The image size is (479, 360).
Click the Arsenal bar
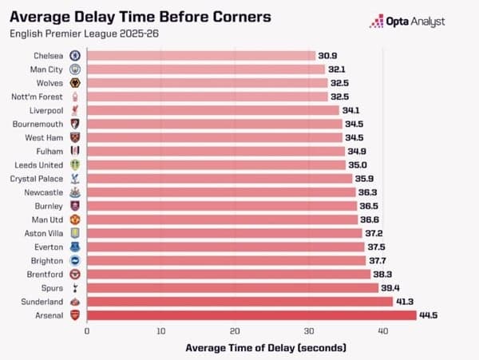click(251, 315)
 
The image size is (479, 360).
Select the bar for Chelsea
click(200, 56)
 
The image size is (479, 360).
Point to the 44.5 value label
click(430, 315)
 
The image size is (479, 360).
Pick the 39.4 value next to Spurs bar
click(391, 288)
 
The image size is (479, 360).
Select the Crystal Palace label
click(38, 179)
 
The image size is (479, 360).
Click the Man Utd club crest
click(74, 220)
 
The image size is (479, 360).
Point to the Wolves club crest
click(74, 83)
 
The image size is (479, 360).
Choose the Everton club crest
click(74, 247)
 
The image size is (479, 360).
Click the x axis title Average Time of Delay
click(266, 348)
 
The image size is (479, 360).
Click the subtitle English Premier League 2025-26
click(78, 33)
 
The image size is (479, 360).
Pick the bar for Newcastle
click(220, 192)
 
